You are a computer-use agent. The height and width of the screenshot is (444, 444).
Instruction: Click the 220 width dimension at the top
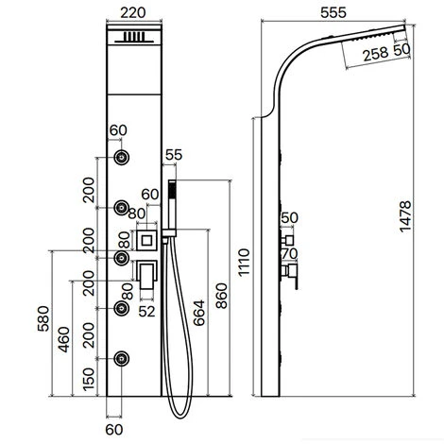point(133,13)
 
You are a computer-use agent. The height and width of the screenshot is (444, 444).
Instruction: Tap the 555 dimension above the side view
point(333,12)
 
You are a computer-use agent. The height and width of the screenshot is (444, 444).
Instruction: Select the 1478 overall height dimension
point(405,216)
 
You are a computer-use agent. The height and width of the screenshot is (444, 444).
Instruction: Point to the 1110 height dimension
point(244,263)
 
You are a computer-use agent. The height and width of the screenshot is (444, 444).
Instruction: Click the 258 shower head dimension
point(376,54)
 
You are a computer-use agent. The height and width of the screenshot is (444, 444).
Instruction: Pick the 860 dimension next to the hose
point(221,296)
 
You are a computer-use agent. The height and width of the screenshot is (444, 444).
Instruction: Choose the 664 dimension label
point(199,313)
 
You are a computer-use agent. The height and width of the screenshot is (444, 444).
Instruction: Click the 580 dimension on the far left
point(43,318)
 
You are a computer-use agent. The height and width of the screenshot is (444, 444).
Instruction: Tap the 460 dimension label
point(64,340)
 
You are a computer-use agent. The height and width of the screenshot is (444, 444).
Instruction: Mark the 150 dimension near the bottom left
point(89,379)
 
